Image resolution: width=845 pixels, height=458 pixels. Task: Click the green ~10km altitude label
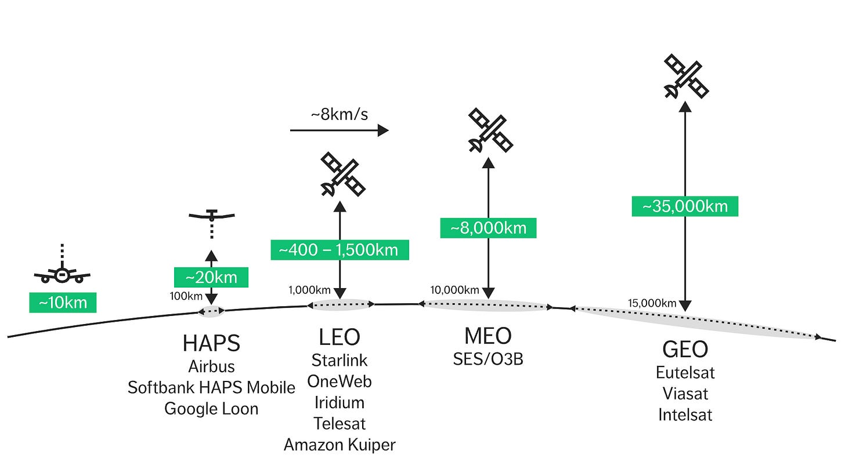click(62, 302)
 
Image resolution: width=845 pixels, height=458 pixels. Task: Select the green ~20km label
click(211, 277)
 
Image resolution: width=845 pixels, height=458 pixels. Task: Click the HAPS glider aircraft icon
click(212, 216)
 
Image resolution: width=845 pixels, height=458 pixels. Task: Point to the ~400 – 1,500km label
click(340, 250)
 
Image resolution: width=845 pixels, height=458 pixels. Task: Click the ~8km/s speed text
click(340, 114)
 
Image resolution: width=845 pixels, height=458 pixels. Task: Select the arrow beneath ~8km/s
click(340, 130)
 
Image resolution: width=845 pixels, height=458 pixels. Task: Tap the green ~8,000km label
click(488, 227)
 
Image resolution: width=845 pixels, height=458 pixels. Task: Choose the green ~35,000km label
click(685, 206)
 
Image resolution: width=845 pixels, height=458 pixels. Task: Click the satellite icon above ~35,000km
click(686, 76)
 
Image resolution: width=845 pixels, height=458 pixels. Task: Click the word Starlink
click(340, 360)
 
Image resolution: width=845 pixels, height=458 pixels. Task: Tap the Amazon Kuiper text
click(340, 445)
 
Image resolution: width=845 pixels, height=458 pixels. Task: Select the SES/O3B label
click(488, 359)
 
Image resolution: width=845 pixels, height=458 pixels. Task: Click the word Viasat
click(685, 393)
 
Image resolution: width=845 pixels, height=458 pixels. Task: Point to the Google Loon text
click(211, 408)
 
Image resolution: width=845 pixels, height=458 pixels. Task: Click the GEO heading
click(685, 349)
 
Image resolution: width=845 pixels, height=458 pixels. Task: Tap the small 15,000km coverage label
click(652, 303)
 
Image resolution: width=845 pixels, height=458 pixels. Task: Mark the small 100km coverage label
click(186, 296)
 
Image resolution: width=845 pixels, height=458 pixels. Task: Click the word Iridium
click(340, 402)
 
